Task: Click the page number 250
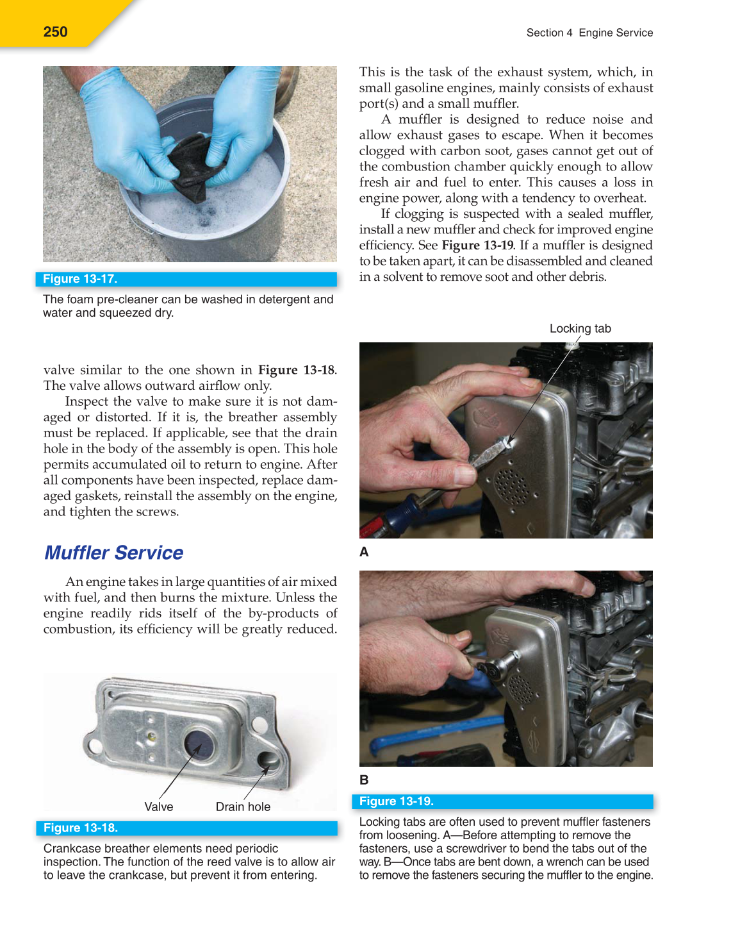(55, 32)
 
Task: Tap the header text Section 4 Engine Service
(589, 33)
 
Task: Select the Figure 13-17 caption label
(80, 279)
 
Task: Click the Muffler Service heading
(113, 553)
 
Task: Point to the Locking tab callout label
(580, 328)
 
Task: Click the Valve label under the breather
(158, 806)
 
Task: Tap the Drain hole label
(243, 806)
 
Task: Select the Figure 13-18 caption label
(81, 828)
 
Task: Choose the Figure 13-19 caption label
(396, 801)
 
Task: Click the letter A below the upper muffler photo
(364, 552)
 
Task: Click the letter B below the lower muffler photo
(364, 780)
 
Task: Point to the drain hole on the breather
(267, 760)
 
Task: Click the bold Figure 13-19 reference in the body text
(477, 246)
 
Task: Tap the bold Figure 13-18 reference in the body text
(296, 370)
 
